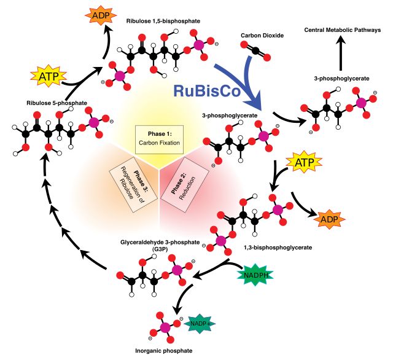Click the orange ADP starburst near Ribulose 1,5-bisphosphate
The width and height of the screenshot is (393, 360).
point(101,16)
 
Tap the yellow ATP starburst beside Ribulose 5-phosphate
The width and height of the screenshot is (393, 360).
point(49,76)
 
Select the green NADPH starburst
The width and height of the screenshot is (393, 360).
point(255,275)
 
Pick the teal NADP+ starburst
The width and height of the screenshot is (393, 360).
point(200,323)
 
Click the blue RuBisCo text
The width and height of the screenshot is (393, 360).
point(207,91)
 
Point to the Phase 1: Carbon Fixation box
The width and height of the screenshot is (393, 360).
point(160,139)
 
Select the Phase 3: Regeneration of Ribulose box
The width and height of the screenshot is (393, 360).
point(133,185)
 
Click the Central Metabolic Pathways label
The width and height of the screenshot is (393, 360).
point(343,30)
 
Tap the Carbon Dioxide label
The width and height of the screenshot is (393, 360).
point(262,36)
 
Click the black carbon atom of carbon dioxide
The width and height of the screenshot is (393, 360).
point(255,51)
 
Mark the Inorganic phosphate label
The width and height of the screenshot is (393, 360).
point(164,351)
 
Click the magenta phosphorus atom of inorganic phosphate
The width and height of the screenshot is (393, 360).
point(165,327)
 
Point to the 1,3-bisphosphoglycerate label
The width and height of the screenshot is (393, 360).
point(278,248)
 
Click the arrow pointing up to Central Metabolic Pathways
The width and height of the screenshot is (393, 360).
point(341,53)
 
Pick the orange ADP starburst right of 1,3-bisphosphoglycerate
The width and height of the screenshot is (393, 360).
point(329,219)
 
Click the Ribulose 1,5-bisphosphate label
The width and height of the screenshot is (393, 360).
point(163,21)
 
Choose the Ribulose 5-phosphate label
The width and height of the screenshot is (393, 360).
point(57,103)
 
